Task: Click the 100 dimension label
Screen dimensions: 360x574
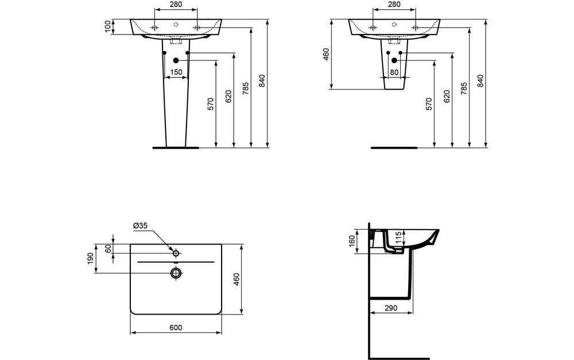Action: pos(107,26)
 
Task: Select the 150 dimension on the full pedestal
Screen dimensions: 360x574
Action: pos(176,72)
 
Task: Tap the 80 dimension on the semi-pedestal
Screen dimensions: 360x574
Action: pos(394,72)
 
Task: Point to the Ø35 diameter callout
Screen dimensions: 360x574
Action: pos(141,226)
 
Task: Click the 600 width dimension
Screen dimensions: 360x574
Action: pos(176,327)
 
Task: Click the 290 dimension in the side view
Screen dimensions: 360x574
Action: pos(390,308)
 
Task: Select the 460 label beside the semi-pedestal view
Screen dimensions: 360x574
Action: pos(326,55)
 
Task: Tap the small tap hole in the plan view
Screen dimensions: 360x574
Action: pos(176,253)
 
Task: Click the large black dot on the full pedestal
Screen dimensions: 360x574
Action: pos(176,60)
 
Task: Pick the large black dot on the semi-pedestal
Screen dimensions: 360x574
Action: pos(394,60)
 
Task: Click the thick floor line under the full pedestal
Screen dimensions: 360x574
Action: pos(176,148)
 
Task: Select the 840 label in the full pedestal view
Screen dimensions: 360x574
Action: pos(262,82)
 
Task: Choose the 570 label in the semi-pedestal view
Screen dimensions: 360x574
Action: pos(429,103)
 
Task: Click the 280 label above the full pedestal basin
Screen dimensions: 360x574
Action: pos(176,5)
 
